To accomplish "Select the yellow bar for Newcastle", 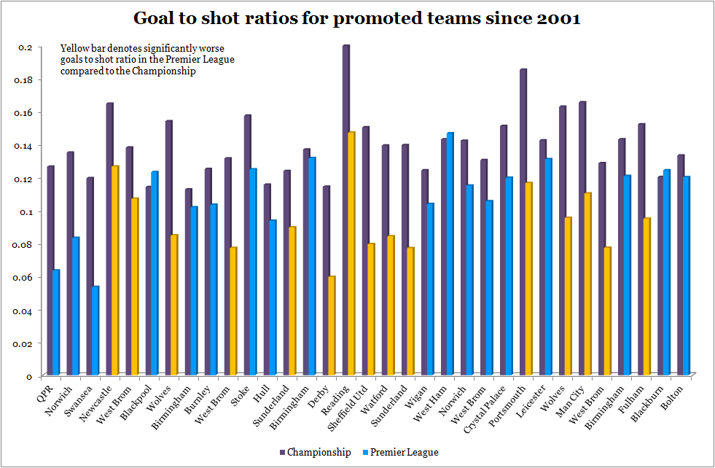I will [x=114, y=270].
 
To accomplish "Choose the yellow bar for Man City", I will [x=587, y=284].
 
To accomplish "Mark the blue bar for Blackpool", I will [x=154, y=273].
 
